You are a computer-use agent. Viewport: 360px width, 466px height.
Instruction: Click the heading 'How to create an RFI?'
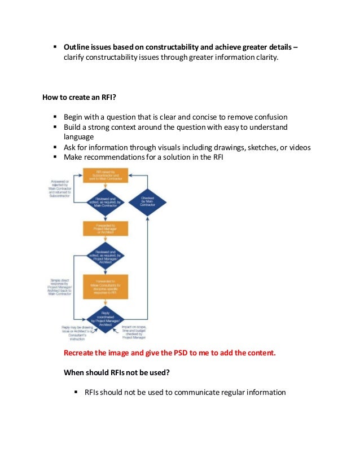click(79, 96)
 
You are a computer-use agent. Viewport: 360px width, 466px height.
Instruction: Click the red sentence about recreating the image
click(170, 353)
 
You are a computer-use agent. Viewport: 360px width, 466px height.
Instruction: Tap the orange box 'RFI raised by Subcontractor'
click(105, 175)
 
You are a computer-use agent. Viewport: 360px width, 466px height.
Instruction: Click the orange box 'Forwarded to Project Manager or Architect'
click(105, 228)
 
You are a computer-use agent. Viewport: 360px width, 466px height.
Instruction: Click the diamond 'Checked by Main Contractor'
click(147, 201)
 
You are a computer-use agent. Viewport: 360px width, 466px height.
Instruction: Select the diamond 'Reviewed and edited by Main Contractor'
click(105, 201)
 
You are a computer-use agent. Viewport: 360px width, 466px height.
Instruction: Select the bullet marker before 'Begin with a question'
click(56, 117)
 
